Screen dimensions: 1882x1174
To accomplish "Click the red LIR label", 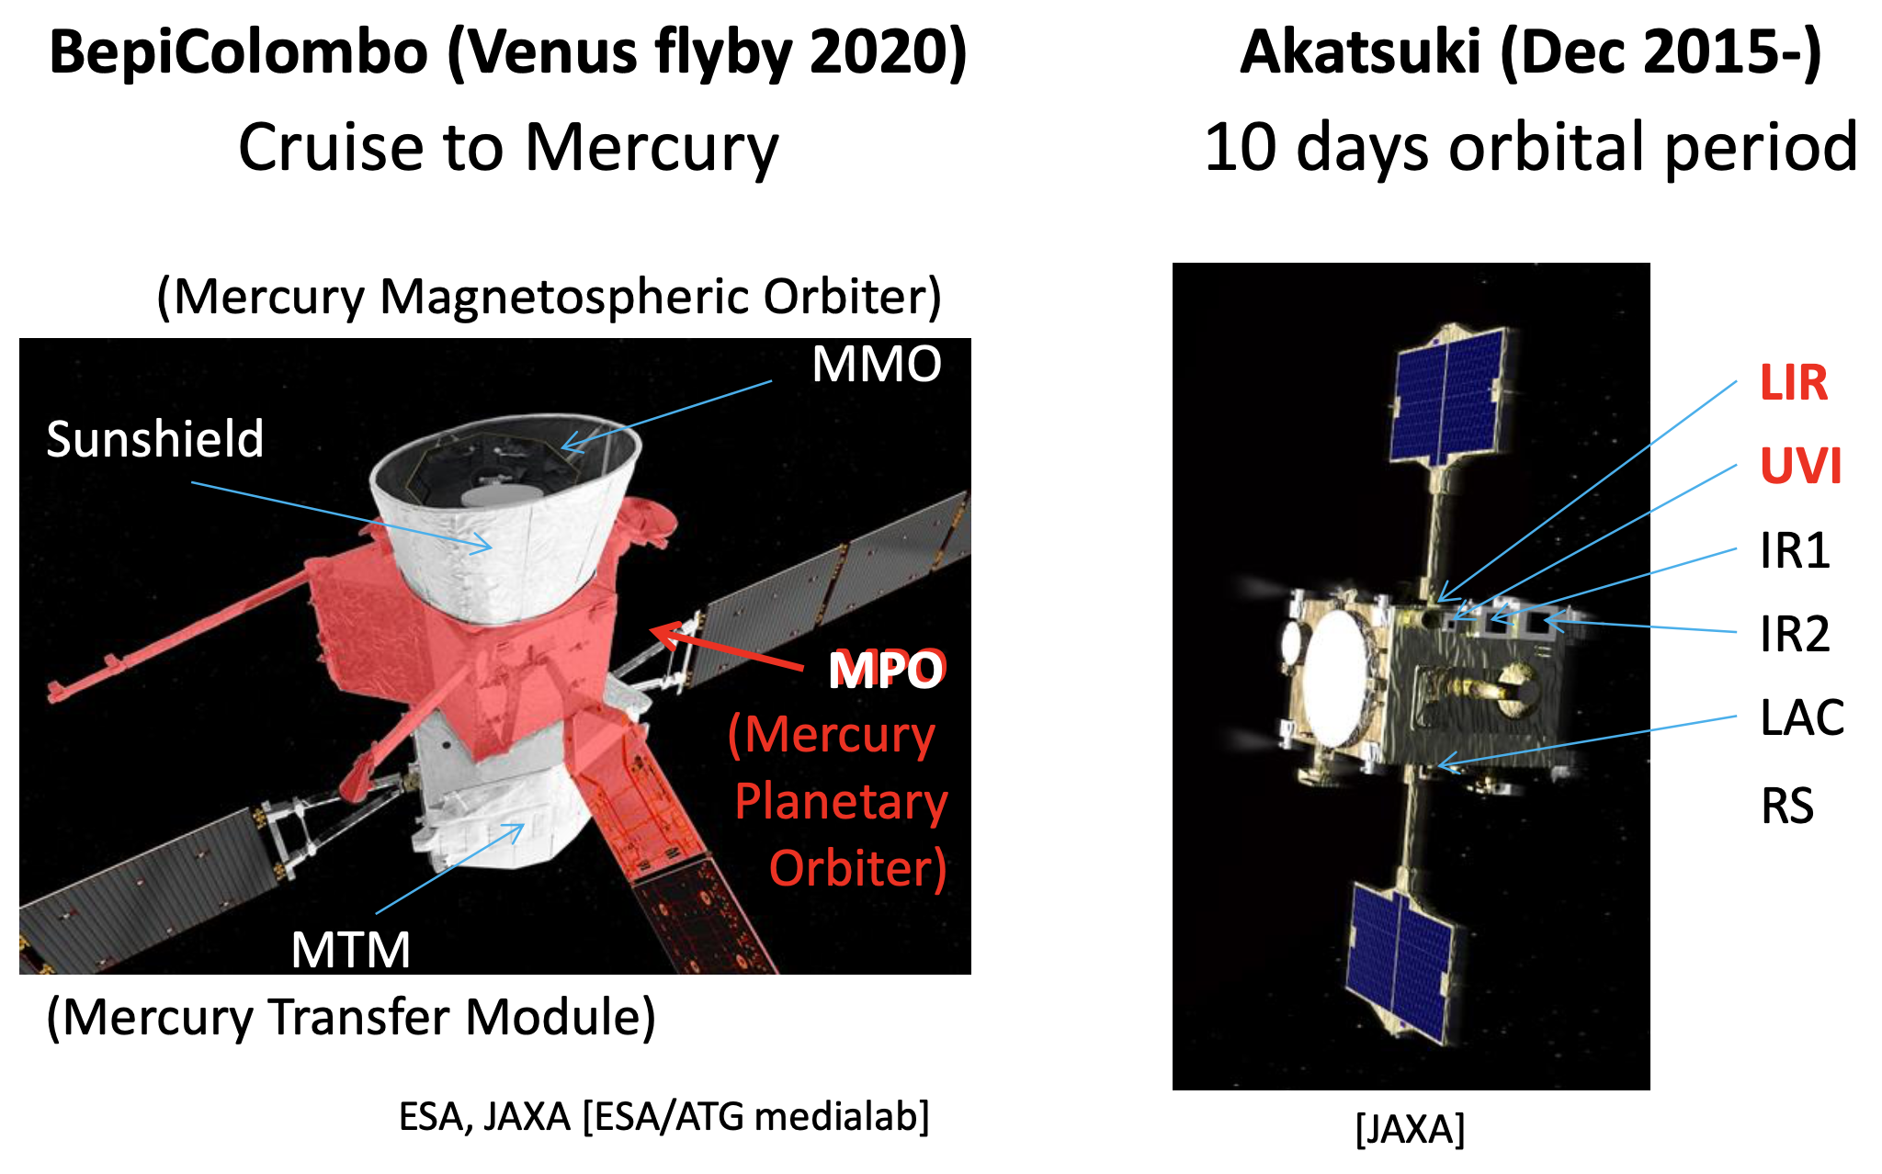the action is point(1793,382).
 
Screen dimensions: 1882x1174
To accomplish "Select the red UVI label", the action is point(1800,466).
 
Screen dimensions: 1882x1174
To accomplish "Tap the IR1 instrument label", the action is point(1795,550).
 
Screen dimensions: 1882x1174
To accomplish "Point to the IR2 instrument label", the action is point(1795,634).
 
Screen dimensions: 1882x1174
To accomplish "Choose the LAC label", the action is point(1802,717).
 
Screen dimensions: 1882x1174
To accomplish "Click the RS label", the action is point(1787,806).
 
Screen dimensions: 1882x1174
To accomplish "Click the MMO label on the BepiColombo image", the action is point(877,364).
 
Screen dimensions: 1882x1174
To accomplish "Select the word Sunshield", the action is point(154,438).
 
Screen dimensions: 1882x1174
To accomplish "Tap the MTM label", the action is point(351,950).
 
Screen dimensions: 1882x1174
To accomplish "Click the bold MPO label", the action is point(886,670).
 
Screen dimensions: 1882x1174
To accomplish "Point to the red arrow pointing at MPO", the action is point(726,649).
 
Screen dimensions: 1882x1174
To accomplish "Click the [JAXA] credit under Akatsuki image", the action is point(1410,1129).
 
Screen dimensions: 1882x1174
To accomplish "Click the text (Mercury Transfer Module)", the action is point(351,1017).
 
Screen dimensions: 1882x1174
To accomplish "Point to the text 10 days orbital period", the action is point(1531,147).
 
